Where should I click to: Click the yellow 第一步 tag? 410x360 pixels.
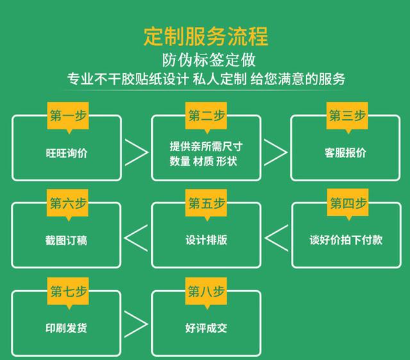click(x=67, y=115)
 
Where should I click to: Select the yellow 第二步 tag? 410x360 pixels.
click(x=206, y=115)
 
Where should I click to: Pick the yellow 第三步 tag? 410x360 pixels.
click(x=347, y=115)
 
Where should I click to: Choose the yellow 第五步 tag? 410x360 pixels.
click(x=206, y=203)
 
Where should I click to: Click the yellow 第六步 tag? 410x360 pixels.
click(x=67, y=203)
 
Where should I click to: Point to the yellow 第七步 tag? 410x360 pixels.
click(x=67, y=291)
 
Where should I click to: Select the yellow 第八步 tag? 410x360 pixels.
click(x=206, y=291)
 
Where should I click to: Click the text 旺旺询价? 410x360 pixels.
click(x=67, y=153)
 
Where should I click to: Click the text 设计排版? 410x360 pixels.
click(x=206, y=240)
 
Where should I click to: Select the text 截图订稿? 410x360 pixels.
click(x=67, y=240)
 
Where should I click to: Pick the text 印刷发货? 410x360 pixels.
click(x=67, y=328)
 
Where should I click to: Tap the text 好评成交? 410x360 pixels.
click(x=206, y=328)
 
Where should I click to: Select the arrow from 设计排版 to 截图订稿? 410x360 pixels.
click(x=136, y=238)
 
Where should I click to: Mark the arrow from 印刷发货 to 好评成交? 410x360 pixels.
click(x=136, y=325)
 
